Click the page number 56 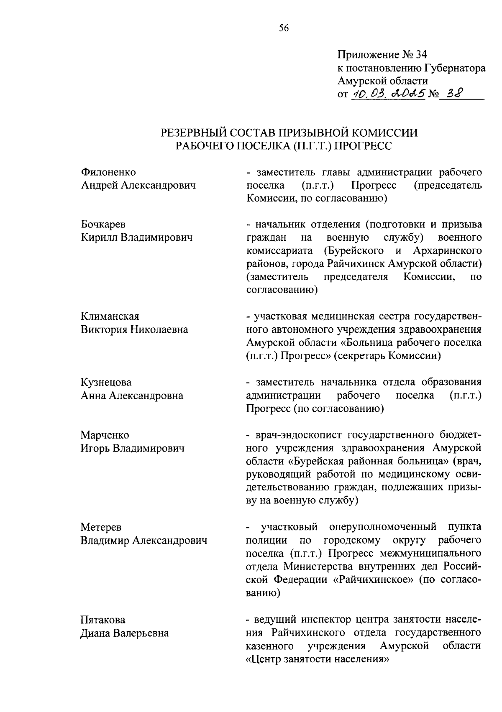(284, 28)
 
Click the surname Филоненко (108, 172)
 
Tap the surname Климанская (110, 316)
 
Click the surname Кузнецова (106, 382)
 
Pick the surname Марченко (105, 435)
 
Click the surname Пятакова (102, 620)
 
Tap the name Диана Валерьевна (125, 633)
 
